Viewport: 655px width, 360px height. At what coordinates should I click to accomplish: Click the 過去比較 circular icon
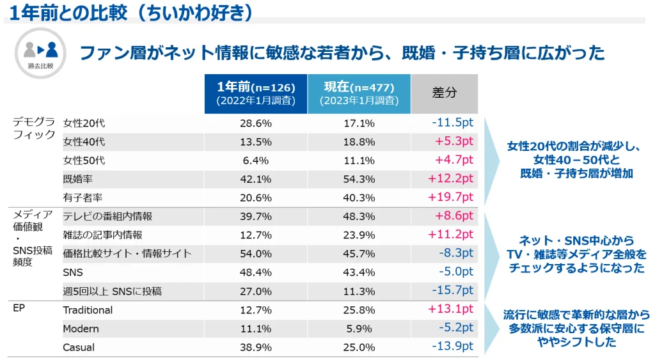click(x=40, y=52)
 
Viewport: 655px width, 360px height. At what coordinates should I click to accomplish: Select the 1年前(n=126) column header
click(x=255, y=93)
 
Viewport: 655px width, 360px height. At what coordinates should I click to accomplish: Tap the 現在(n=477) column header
click(x=358, y=93)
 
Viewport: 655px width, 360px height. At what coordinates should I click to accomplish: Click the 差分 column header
click(x=444, y=93)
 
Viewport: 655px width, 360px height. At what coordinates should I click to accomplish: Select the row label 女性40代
click(x=84, y=142)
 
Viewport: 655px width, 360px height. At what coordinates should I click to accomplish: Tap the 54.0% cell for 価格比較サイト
click(x=255, y=254)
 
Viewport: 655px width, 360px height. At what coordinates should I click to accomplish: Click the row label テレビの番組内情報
click(x=107, y=217)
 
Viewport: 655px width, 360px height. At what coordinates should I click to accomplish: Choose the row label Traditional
click(x=88, y=310)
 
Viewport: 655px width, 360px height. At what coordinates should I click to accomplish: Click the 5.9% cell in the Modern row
click(x=358, y=329)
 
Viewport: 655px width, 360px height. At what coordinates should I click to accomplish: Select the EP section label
click(x=19, y=308)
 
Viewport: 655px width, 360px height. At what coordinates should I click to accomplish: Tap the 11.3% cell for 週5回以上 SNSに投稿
click(x=358, y=292)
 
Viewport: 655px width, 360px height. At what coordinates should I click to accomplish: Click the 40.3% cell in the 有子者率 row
click(x=358, y=198)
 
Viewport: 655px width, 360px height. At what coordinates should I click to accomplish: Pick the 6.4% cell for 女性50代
click(x=255, y=160)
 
